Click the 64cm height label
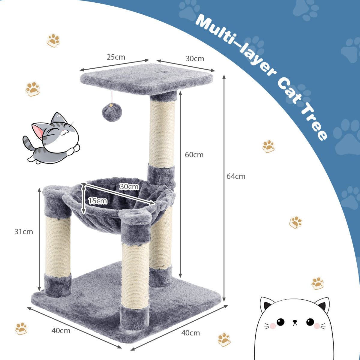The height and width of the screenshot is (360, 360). click(x=236, y=176)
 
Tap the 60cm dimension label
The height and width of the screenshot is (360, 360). click(x=194, y=155)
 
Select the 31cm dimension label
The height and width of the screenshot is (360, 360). click(x=24, y=232)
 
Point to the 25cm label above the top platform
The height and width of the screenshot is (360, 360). click(x=116, y=57)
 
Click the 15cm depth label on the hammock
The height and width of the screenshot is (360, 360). click(x=97, y=201)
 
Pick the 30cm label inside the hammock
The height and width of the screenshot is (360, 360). click(x=129, y=187)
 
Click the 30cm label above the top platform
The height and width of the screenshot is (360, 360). click(x=195, y=58)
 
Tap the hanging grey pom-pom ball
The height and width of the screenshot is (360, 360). click(x=111, y=113)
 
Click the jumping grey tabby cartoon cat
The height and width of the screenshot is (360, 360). click(x=52, y=138)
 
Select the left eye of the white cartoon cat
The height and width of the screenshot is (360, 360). click(x=280, y=322)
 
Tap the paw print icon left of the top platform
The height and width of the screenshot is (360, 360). click(x=33, y=88)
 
